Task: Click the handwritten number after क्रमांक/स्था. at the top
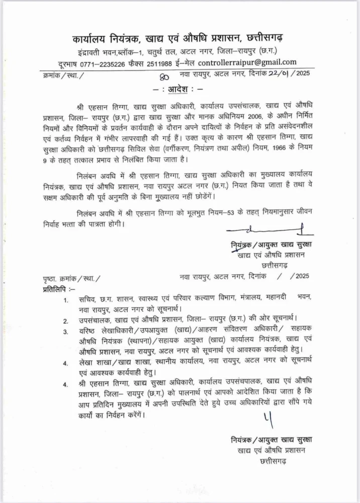(x=163, y=76)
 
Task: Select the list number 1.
(x=66, y=300)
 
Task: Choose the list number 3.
(x=65, y=331)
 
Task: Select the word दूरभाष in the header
(x=70, y=63)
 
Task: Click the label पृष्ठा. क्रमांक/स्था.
(x=71, y=278)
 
